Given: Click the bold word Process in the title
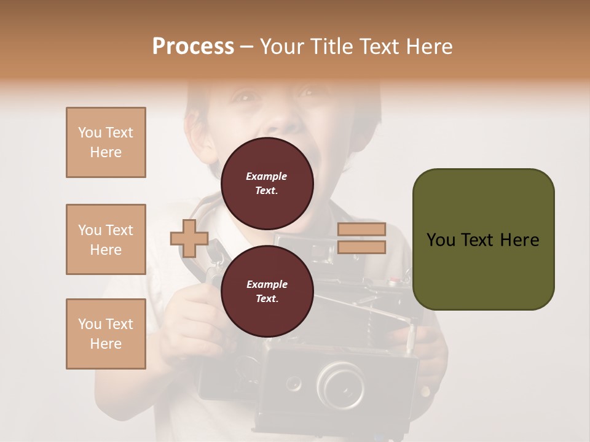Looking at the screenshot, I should point(193,47).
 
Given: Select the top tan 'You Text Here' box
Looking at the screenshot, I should point(106,142).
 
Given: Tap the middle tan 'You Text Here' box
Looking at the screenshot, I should point(106,239).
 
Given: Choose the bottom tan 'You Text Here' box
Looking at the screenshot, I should point(106,334).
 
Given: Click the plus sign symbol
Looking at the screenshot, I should point(189,238).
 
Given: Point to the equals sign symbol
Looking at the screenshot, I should point(361,238).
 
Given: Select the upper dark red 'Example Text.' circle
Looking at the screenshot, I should point(267,183).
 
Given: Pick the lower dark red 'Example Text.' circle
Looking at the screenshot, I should point(267,291).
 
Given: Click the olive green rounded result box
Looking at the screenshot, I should point(483,239).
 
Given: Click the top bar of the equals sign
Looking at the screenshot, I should point(361,230).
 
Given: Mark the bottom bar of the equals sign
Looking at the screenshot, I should point(361,247).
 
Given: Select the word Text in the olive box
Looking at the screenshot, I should point(482,239).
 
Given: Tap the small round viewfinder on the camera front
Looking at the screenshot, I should point(294,384).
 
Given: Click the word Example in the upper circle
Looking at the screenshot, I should point(267,176).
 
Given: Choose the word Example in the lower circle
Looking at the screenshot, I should point(267,284).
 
